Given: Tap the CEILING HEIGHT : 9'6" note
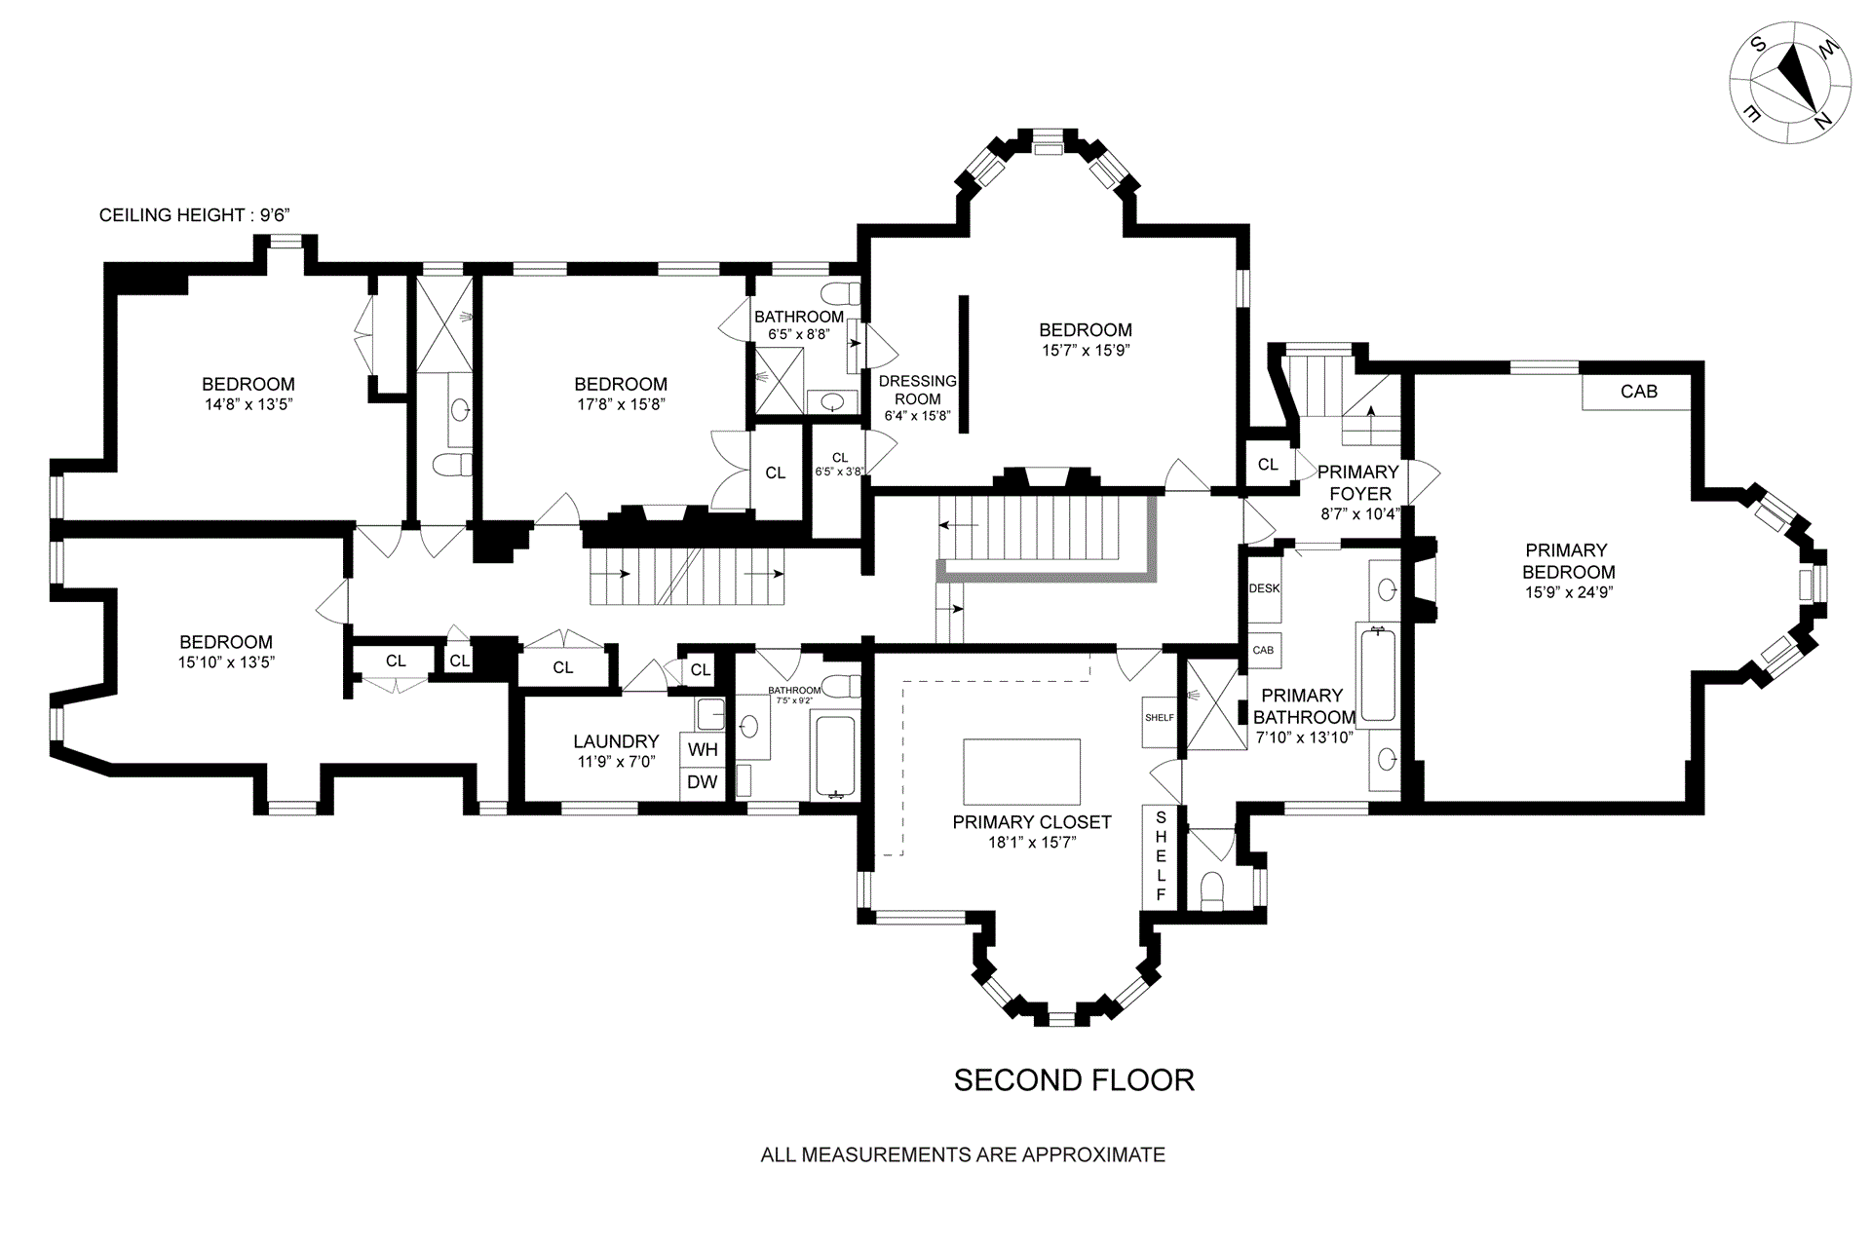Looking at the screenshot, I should click(195, 215).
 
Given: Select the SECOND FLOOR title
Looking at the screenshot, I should click(1073, 1080).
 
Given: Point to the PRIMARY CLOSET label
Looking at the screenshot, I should click(1032, 822).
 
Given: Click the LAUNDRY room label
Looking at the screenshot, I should click(616, 741).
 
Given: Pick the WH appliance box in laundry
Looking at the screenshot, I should click(703, 750).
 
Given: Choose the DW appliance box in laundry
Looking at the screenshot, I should click(703, 782).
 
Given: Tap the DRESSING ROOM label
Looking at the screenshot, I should click(918, 390).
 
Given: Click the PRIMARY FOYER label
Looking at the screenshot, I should click(1359, 482).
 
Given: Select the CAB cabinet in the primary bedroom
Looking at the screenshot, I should click(1637, 392).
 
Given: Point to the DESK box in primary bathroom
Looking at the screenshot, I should click(1264, 589).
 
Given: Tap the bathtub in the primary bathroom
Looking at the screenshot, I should click(1378, 674).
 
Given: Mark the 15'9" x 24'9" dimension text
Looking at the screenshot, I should click(1569, 591).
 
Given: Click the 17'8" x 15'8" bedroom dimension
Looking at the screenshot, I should click(620, 404).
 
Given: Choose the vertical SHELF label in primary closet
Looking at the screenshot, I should click(1160, 855).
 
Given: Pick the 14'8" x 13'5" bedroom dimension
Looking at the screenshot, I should click(248, 404).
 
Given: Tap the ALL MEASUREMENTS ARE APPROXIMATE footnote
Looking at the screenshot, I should click(962, 1155).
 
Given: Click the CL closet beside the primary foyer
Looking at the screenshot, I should click(1268, 465).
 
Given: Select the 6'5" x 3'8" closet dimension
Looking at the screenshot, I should click(839, 472).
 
